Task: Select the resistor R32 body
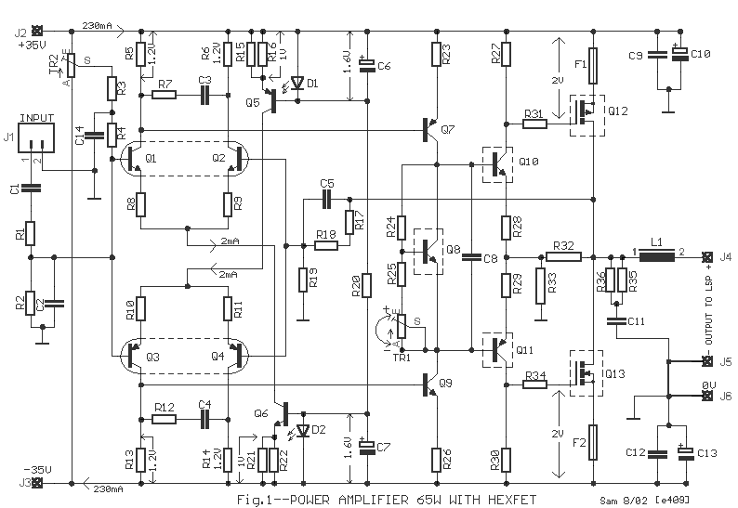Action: click(x=563, y=256)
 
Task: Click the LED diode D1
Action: click(x=297, y=83)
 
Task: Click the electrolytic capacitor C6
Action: click(x=369, y=64)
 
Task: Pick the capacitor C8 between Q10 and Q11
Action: click(x=470, y=256)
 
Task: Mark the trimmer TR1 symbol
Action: click(x=402, y=327)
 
